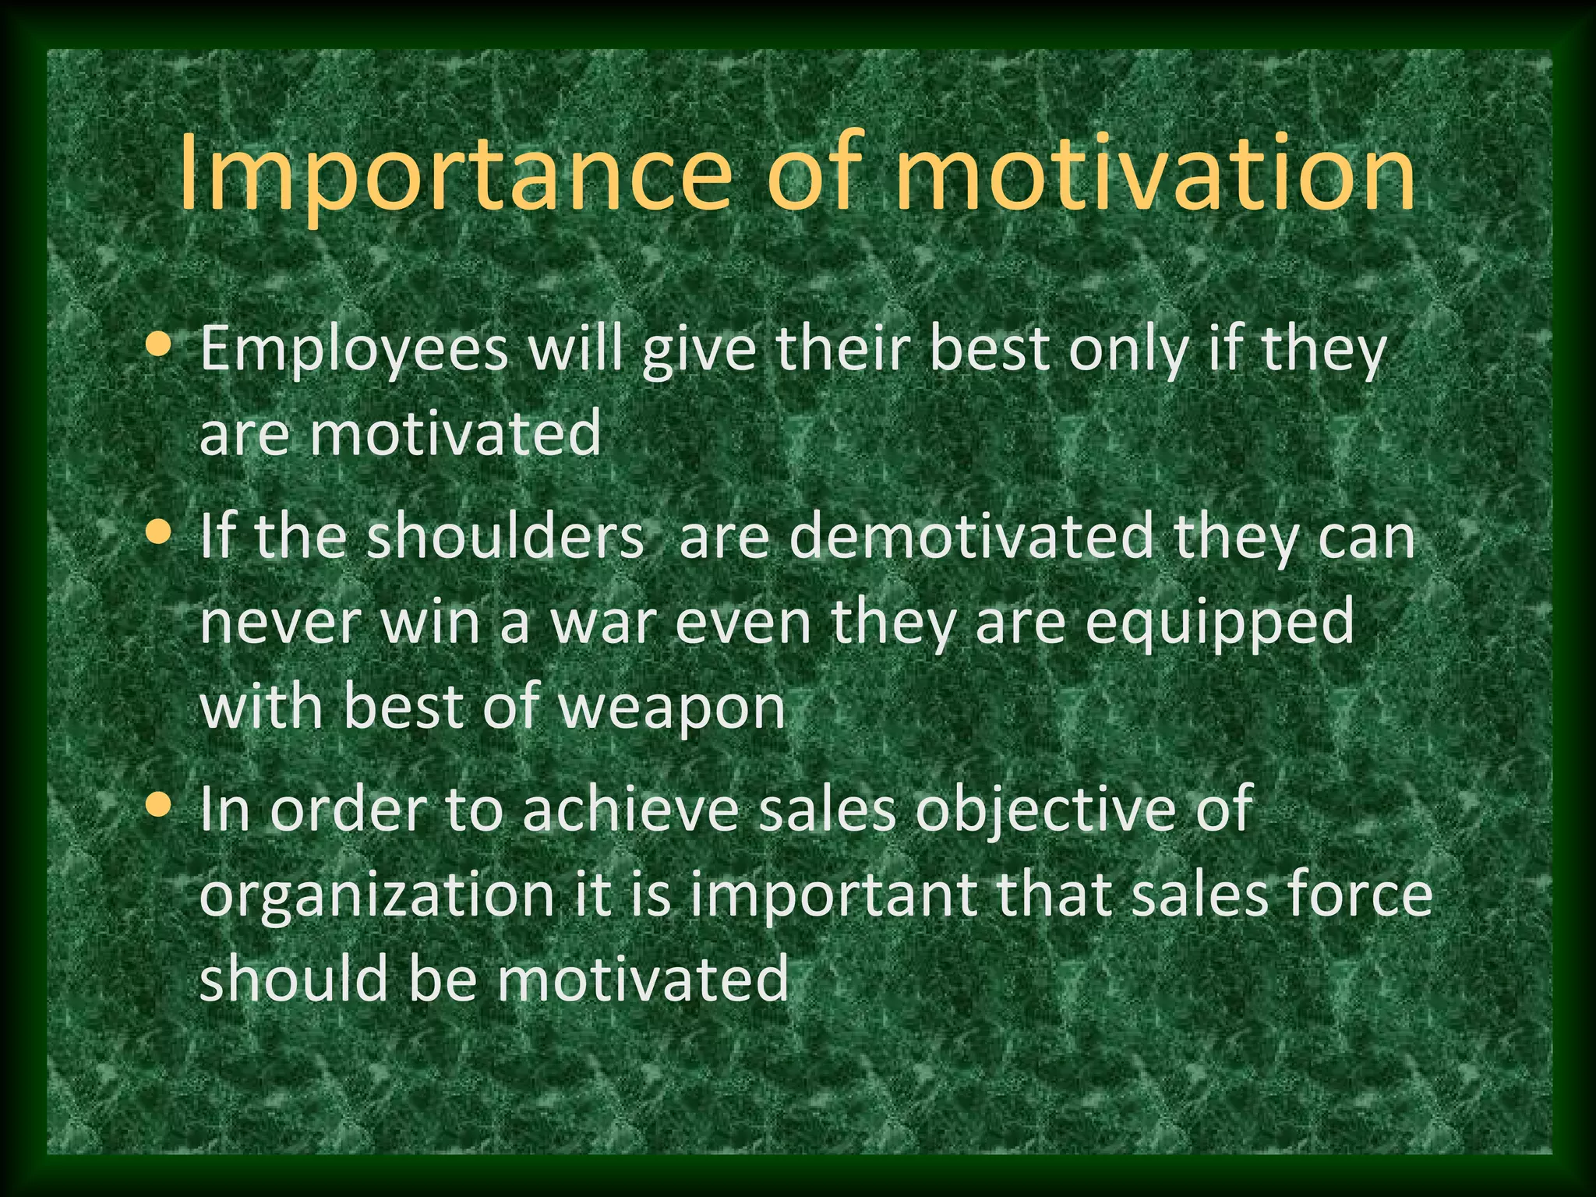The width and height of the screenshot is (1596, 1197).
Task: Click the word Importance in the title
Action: (456, 175)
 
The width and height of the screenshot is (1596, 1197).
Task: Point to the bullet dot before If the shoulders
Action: (159, 532)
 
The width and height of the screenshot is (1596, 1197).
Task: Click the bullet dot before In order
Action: (159, 805)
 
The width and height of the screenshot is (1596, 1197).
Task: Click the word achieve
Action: (630, 810)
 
